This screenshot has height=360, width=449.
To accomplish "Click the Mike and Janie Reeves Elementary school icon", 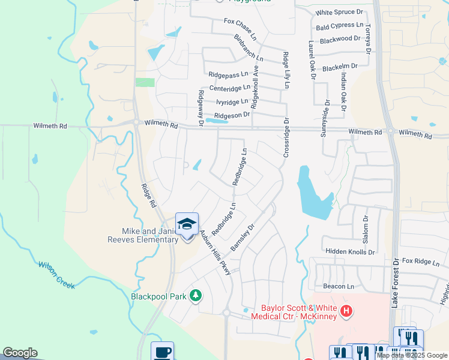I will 187,224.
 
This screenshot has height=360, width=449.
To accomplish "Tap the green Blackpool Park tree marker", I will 195,295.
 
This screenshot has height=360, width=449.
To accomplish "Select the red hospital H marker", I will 346,311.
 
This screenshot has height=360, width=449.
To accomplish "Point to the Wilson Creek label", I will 56,275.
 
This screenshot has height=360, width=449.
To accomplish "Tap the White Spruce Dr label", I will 339,12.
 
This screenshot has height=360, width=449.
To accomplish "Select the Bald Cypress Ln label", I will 340,26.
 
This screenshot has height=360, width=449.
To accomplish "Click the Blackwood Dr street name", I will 340,40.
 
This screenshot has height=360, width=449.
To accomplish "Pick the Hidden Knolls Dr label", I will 350,252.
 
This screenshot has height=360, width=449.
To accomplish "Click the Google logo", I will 20,353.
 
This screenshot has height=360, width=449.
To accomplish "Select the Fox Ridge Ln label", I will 421,262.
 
